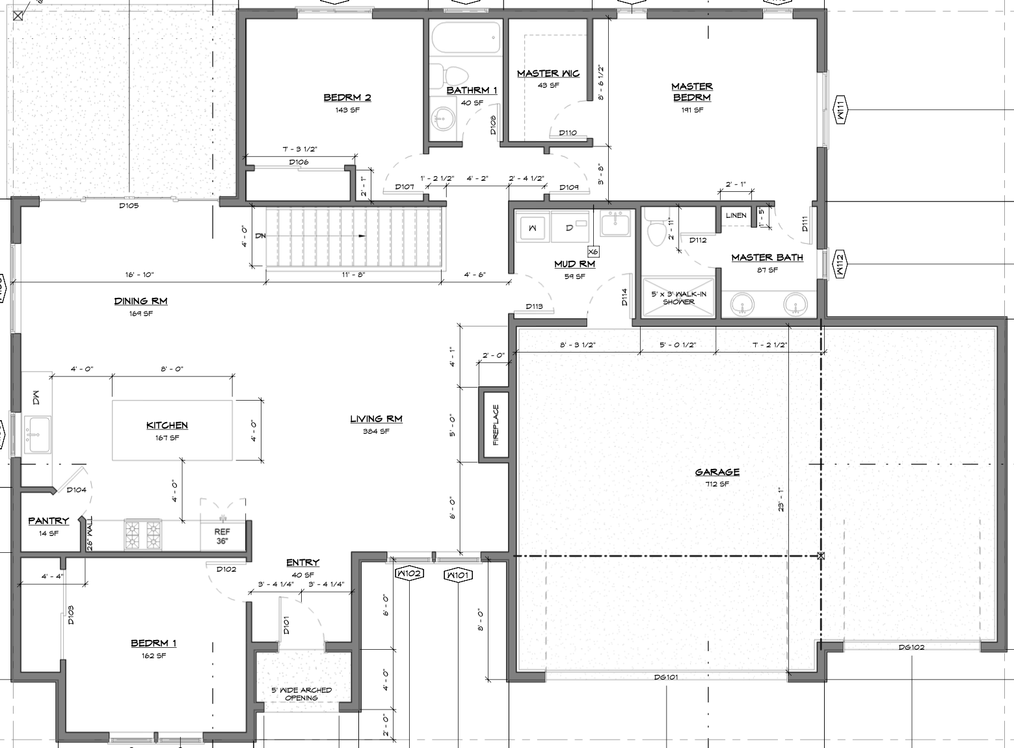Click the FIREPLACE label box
click(x=496, y=425)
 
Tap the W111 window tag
click(x=840, y=109)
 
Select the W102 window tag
click(x=409, y=574)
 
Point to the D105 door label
click(x=129, y=206)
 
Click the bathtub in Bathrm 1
click(x=466, y=38)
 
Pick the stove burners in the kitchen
click(x=143, y=534)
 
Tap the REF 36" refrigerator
click(x=222, y=536)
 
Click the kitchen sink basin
click(x=38, y=434)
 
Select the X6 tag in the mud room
click(x=593, y=252)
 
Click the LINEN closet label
click(x=736, y=215)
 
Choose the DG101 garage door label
click(x=666, y=677)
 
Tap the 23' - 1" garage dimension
click(x=781, y=500)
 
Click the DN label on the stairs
click(x=260, y=236)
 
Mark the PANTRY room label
click(x=48, y=521)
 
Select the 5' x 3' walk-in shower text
click(x=678, y=297)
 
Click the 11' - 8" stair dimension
click(x=354, y=274)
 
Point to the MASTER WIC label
click(x=548, y=73)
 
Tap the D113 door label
click(x=534, y=306)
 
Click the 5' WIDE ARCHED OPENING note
click(x=302, y=694)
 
